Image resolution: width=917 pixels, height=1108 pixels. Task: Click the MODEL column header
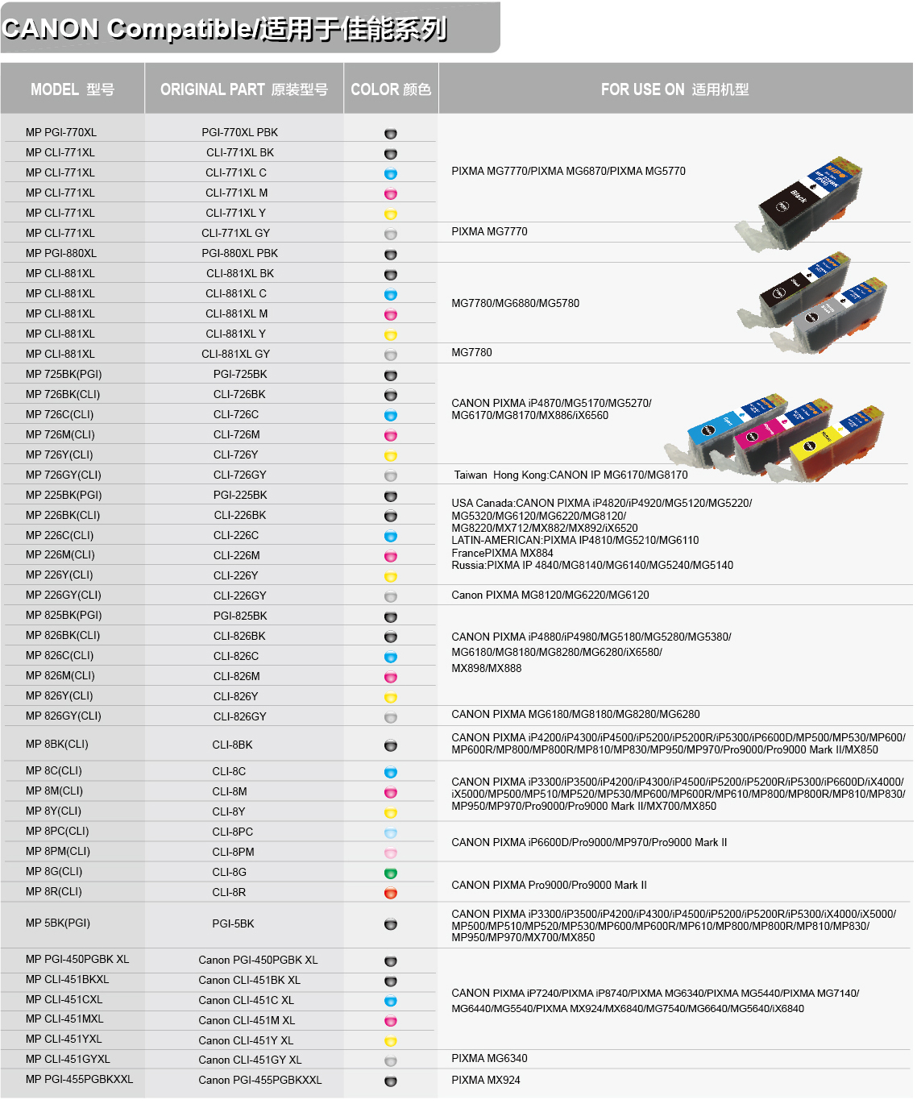pos(73,89)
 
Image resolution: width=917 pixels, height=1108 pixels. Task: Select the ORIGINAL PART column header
pos(243,89)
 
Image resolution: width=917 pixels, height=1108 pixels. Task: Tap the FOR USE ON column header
pos(674,89)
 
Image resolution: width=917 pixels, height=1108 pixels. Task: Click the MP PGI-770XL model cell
pos(61,132)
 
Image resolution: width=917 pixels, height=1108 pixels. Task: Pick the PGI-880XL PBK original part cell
pos(240,253)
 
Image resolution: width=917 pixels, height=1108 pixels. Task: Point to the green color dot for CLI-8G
pos(391,873)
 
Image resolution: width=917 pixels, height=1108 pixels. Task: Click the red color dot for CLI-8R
pos(391,893)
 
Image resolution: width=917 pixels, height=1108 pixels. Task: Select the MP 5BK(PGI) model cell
pos(58,923)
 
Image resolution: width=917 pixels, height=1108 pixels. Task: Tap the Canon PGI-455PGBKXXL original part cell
pos(259,1080)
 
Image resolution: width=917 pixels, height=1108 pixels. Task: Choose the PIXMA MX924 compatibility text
pos(486,1080)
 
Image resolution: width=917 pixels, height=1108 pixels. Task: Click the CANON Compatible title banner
pos(226,29)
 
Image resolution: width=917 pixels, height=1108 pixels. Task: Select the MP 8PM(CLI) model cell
pos(58,851)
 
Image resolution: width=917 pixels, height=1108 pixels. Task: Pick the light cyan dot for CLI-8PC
pos(391,832)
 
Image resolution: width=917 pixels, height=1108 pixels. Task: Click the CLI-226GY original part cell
pos(240,595)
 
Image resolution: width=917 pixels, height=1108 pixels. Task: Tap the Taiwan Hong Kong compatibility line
pos(571,475)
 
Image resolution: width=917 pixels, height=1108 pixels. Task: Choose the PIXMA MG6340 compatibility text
pos(490,1058)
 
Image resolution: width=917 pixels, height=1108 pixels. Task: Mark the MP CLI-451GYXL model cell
pos(68,1059)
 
